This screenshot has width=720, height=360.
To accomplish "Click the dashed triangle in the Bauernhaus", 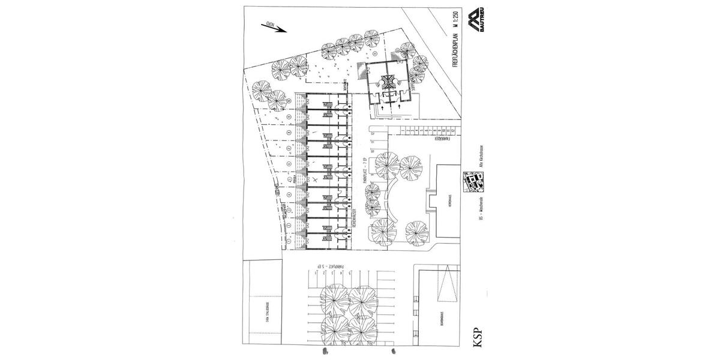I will point(448,289).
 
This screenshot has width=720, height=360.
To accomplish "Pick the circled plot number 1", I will point(289,241).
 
